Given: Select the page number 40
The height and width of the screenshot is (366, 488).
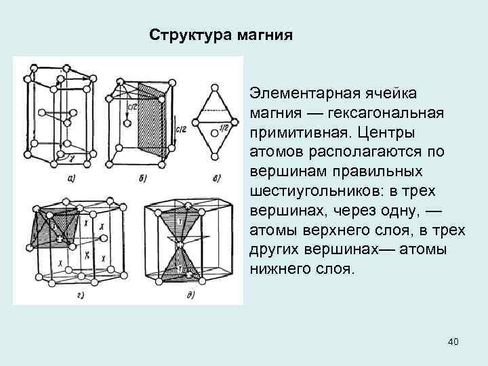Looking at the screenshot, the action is pyautogui.click(x=453, y=342).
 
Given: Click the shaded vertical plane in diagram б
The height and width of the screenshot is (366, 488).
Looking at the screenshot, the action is pyautogui.click(x=150, y=115).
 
